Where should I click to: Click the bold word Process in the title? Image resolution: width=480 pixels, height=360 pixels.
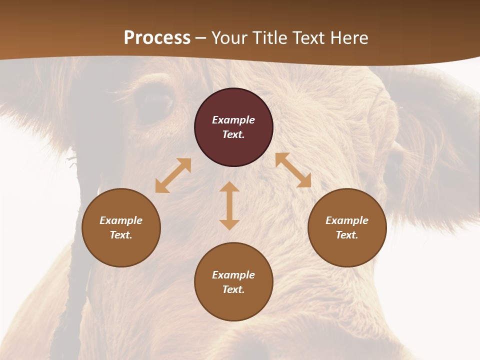157,38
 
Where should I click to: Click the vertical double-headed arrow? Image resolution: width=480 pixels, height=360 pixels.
229,205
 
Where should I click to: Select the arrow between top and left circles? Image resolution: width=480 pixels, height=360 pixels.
173,175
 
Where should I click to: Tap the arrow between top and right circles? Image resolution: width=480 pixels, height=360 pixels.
293,170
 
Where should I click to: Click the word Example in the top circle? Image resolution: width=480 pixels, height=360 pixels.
233,120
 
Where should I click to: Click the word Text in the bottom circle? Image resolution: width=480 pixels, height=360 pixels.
233,289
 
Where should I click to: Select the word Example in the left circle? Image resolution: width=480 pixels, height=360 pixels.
121,220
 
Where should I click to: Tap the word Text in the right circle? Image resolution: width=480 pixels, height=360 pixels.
347,235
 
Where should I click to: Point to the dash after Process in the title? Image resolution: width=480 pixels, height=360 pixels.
201,38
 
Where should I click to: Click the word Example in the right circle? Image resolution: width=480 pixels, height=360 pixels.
347,220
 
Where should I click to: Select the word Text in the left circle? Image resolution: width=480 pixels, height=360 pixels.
121,235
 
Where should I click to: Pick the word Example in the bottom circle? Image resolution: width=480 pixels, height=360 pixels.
233,275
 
